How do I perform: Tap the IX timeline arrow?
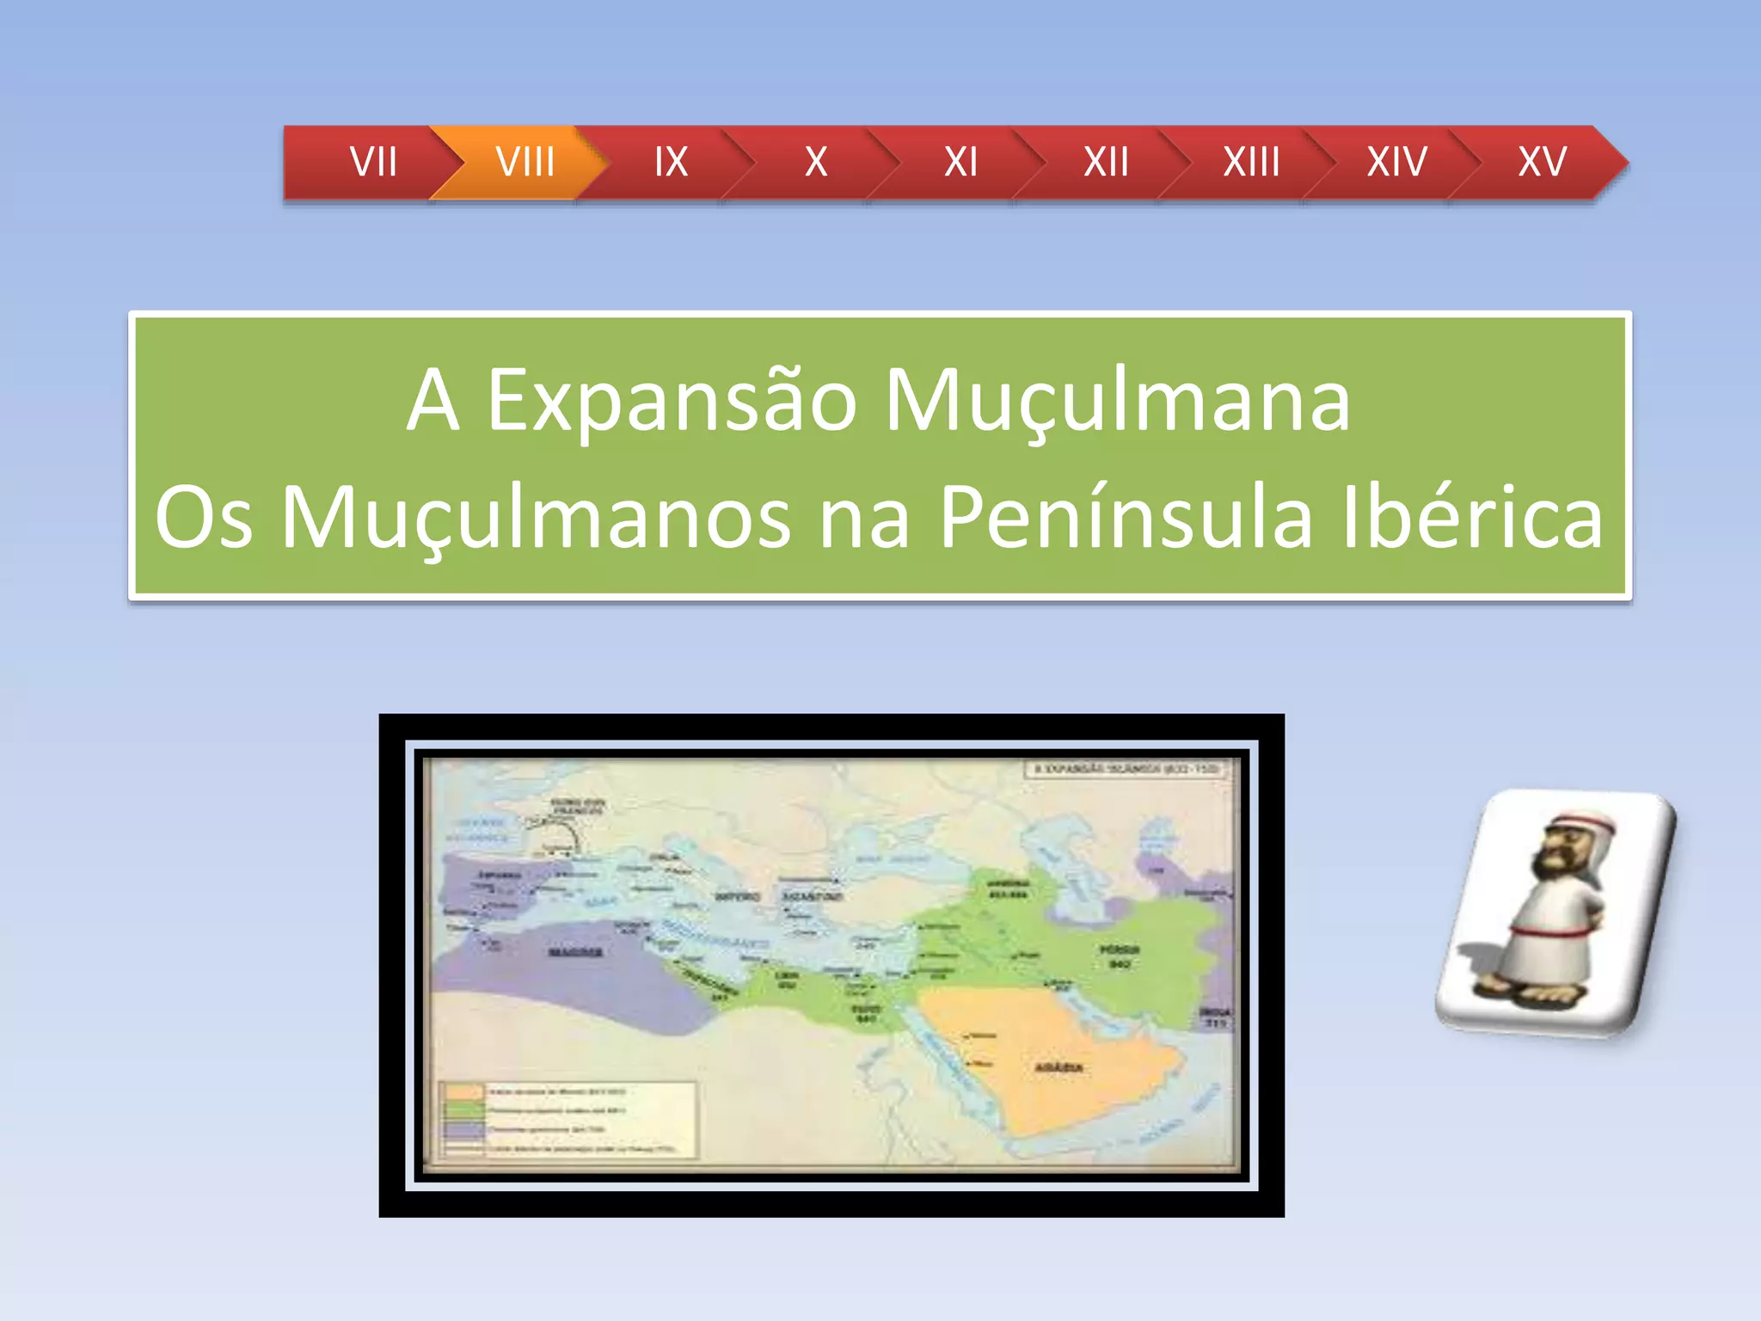coord(671,162)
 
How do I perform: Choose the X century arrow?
coord(815,162)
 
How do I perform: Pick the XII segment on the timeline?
coord(1106,162)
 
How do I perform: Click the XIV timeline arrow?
coord(1396,162)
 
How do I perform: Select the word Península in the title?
coord(1126,518)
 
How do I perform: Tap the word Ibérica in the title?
coord(1472,518)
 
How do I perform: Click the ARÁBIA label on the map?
coord(1058,1067)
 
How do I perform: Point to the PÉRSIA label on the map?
coord(1120,950)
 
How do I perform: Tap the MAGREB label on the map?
coord(575,952)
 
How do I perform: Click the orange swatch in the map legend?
coord(464,1091)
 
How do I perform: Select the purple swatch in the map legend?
coord(464,1129)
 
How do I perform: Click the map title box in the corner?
coord(1126,768)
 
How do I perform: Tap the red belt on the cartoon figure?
coord(1548,931)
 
